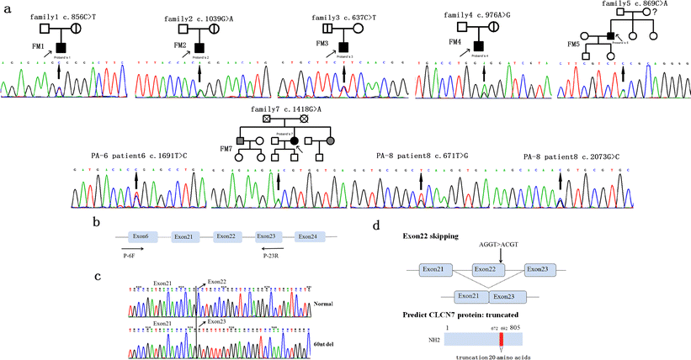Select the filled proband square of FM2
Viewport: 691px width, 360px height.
(199, 47)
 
